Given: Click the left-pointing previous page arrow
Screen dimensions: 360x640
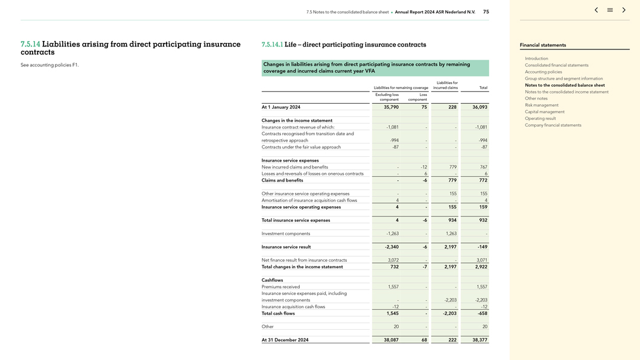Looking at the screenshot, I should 596,10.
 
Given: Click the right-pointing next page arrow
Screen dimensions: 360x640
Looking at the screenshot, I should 624,10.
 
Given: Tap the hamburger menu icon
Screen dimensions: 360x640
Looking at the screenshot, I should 610,10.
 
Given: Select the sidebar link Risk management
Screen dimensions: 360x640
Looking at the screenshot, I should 541,105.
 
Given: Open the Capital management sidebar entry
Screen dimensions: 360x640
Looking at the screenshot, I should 544,112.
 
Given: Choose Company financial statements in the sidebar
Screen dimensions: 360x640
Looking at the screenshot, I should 553,125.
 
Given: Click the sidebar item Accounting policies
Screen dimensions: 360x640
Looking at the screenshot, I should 543,72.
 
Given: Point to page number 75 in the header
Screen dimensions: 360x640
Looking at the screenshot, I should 486,11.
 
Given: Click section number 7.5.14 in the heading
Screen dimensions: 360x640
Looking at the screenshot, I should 30,44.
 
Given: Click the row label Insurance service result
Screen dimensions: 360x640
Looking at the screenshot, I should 286,247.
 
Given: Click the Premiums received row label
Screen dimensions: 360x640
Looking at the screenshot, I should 280,287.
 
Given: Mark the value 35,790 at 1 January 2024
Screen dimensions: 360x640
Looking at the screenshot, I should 391,107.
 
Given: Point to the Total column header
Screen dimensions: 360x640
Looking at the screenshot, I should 483,88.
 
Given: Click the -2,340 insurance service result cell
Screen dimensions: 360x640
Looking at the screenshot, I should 391,247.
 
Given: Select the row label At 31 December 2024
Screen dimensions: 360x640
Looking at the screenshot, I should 285,340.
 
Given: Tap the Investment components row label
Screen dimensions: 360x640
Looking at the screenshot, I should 285,233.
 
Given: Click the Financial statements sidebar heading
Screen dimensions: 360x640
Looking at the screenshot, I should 542,45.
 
